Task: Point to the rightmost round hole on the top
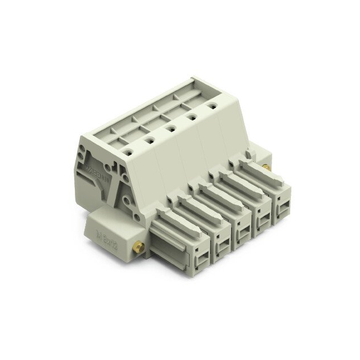213,105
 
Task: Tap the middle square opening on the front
243,231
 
